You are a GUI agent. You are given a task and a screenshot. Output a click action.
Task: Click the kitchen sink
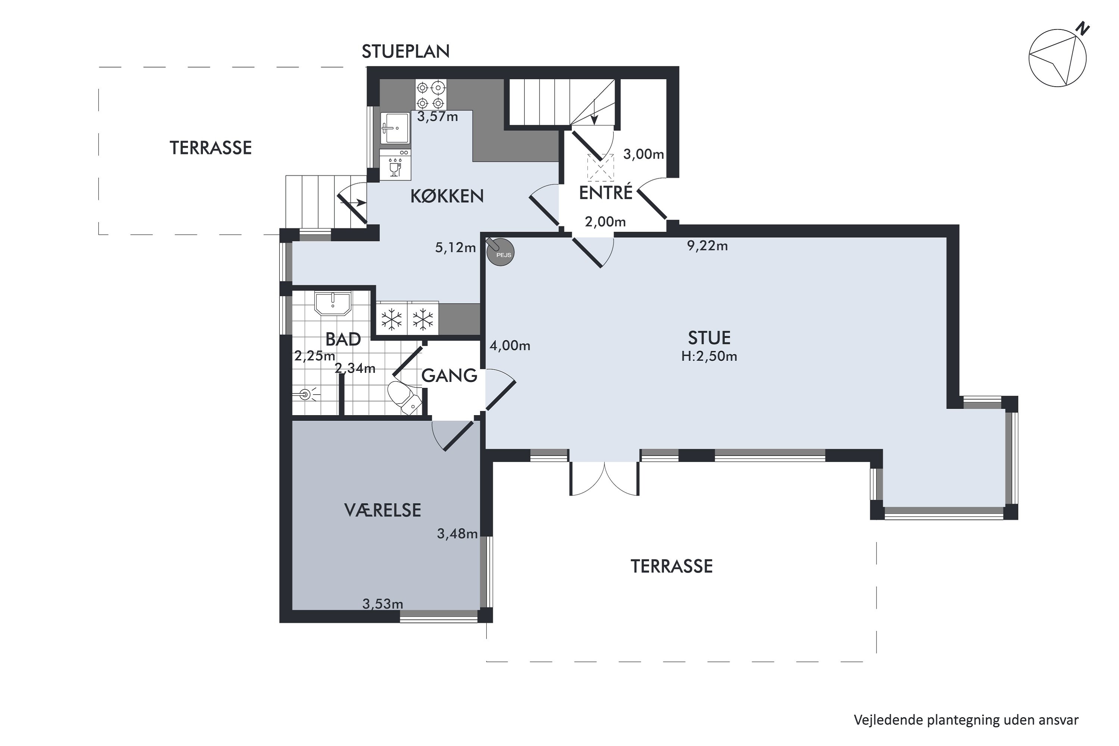click(395, 128)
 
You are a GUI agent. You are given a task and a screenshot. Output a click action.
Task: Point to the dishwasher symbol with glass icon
click(395, 164)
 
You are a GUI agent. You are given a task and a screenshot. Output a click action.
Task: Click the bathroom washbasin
click(333, 304)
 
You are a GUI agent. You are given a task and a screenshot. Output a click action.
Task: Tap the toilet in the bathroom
click(404, 398)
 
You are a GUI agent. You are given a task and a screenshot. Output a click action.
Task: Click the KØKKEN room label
click(447, 196)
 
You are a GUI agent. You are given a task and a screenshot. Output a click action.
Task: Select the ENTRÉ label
click(606, 193)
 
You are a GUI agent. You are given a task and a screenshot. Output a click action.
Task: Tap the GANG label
click(449, 376)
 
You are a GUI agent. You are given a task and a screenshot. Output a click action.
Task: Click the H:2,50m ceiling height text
click(709, 356)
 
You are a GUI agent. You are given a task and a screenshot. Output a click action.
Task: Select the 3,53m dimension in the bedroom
click(383, 604)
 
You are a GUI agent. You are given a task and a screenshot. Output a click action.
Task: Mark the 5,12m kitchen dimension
click(455, 248)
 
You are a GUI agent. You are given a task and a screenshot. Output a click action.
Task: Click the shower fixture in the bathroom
click(304, 394)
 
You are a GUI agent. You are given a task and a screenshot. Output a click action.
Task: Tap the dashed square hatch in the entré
click(601, 167)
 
